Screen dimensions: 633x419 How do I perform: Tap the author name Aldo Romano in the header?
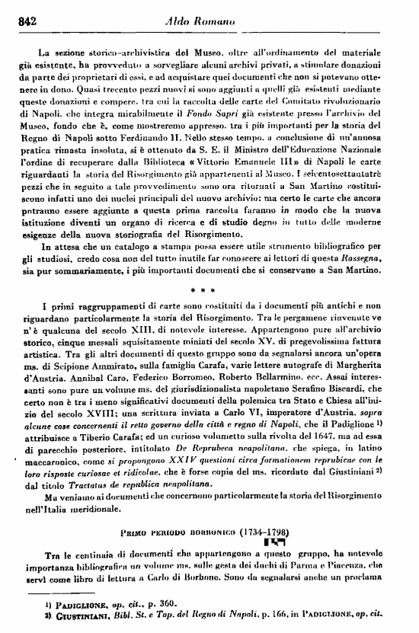click(x=208, y=22)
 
